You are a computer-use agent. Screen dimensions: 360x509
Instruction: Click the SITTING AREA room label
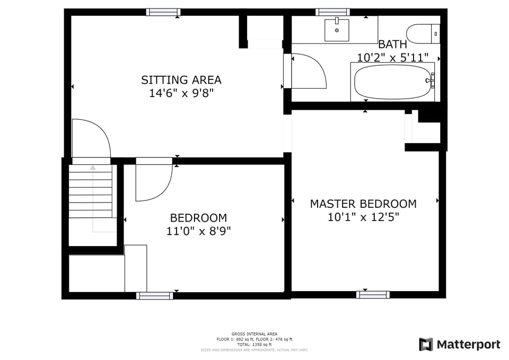[181, 80]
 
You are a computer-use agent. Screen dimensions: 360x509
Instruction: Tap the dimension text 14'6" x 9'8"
[181, 93]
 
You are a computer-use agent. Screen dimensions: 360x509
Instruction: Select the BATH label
[392, 45]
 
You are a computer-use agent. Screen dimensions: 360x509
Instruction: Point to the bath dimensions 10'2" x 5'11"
[392, 57]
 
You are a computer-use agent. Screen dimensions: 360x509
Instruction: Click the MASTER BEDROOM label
[363, 204]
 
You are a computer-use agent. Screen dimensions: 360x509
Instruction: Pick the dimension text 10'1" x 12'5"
[363, 217]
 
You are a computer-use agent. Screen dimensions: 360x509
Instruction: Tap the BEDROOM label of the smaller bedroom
[198, 218]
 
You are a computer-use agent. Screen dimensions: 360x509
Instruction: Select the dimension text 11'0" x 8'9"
[198, 231]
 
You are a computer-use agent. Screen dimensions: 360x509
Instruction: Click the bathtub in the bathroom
[392, 82]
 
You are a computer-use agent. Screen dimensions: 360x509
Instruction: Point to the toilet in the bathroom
[424, 34]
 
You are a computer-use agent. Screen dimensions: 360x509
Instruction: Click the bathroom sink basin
[337, 30]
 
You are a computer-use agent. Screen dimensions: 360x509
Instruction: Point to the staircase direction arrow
[93, 168]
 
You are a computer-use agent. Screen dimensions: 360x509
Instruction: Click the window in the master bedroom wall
[373, 295]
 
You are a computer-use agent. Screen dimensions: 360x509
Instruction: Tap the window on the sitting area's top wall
[163, 12]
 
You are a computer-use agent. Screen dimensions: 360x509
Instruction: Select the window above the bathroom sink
[332, 12]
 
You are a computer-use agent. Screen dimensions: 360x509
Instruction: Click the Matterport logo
[459, 345]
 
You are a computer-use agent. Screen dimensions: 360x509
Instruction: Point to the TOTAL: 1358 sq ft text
[254, 345]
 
